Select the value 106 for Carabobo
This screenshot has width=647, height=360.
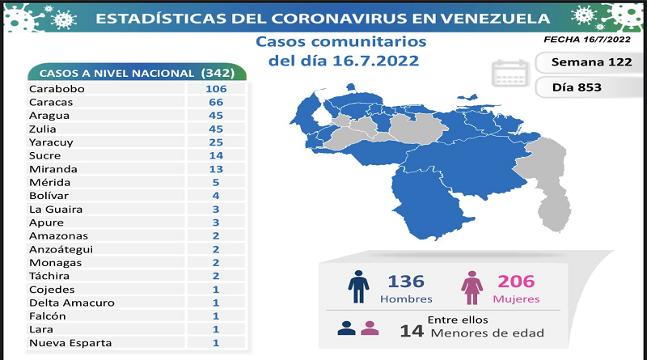[214, 89]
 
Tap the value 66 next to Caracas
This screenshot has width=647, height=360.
[214, 102]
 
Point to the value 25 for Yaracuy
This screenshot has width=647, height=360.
[214, 142]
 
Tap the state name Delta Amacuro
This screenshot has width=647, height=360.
[71, 303]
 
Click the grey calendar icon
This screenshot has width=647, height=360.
[511, 73]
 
